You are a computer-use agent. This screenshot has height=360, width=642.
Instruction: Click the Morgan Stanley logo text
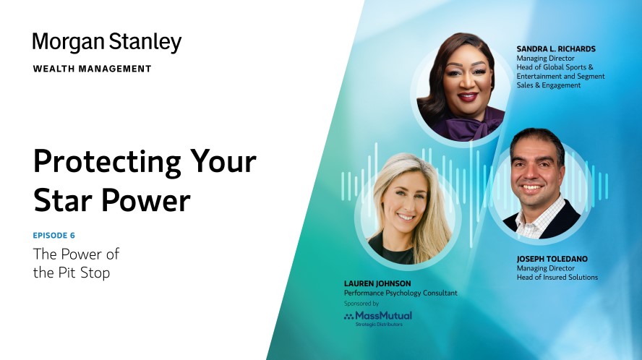(107, 43)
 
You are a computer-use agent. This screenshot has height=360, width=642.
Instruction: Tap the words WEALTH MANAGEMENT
(92, 69)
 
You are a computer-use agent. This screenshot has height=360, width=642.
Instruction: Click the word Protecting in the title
(107, 163)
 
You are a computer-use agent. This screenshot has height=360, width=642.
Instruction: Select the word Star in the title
(63, 200)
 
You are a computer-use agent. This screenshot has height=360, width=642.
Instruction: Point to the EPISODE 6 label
(54, 236)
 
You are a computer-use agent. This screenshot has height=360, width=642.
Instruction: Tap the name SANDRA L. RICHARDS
(556, 49)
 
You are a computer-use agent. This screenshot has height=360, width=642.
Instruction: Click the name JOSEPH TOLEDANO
(552, 259)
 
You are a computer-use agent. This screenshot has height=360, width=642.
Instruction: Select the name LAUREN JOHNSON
(377, 283)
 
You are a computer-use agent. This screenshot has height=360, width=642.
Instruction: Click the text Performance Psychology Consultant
(401, 293)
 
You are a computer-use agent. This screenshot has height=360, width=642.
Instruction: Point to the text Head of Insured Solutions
(557, 278)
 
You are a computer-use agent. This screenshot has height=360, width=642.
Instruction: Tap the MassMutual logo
(378, 316)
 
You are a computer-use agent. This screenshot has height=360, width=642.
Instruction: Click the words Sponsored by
(361, 304)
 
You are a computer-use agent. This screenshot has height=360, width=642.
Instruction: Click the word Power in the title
(145, 201)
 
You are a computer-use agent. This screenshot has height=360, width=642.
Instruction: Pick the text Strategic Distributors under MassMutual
(379, 325)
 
